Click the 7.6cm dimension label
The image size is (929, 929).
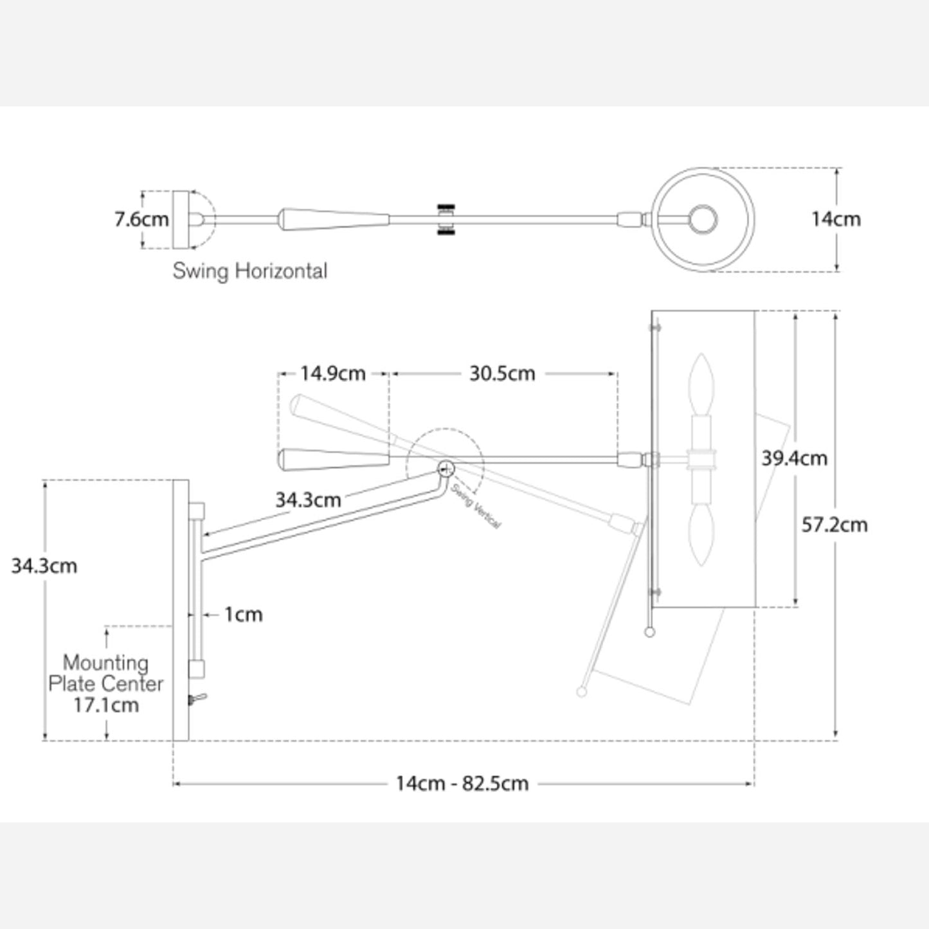coord(141,219)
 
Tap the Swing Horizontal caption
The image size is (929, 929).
coord(249,271)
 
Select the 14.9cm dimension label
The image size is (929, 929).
coord(332,374)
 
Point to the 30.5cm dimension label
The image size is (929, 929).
coord(502,374)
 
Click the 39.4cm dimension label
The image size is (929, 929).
coord(795,458)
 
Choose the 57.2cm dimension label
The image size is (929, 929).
coord(834,525)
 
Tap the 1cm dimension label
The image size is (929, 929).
coord(244,615)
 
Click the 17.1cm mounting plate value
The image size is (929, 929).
coord(106,705)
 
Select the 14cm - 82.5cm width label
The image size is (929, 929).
coord(462,784)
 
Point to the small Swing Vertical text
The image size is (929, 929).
coord(476,506)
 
